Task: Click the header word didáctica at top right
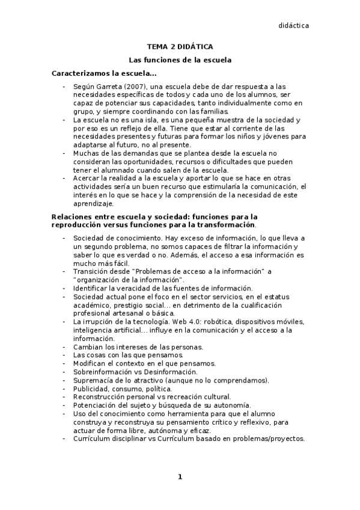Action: coord(293,25)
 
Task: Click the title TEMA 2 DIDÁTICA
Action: coord(180,46)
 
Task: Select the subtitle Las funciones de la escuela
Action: coord(180,60)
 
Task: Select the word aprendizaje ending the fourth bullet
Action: coord(92,204)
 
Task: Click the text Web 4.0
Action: coord(189,322)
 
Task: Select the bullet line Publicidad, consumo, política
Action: coord(114,389)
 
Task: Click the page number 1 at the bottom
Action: coord(179,477)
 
